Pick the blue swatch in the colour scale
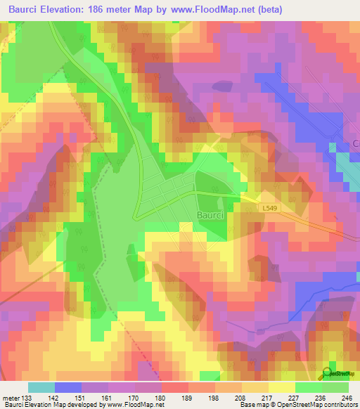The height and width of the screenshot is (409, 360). pyautogui.click(x=67, y=387)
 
